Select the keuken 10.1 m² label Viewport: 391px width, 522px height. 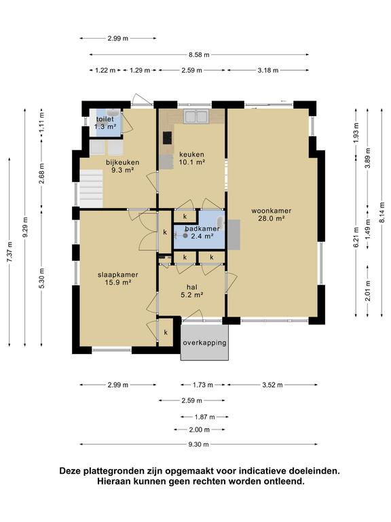[192, 158]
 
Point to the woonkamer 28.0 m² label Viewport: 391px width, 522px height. [272, 214]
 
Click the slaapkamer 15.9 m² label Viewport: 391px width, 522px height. [118, 279]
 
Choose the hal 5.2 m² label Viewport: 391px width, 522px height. [192, 291]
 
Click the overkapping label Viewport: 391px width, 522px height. [204, 343]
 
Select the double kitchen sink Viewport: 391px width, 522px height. [196, 116]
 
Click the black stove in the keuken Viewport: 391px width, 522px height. [167, 138]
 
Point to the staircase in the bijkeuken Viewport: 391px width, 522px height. [91, 188]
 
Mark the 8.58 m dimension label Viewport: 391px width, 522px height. [199, 54]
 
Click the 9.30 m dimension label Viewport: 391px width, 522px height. [198, 444]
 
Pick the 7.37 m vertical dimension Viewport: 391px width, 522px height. [10, 251]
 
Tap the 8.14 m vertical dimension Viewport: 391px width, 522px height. [381, 212]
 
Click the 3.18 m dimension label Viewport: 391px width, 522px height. [268, 70]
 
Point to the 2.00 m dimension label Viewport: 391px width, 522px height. [199, 430]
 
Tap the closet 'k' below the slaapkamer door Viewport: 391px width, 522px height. [166, 332]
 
